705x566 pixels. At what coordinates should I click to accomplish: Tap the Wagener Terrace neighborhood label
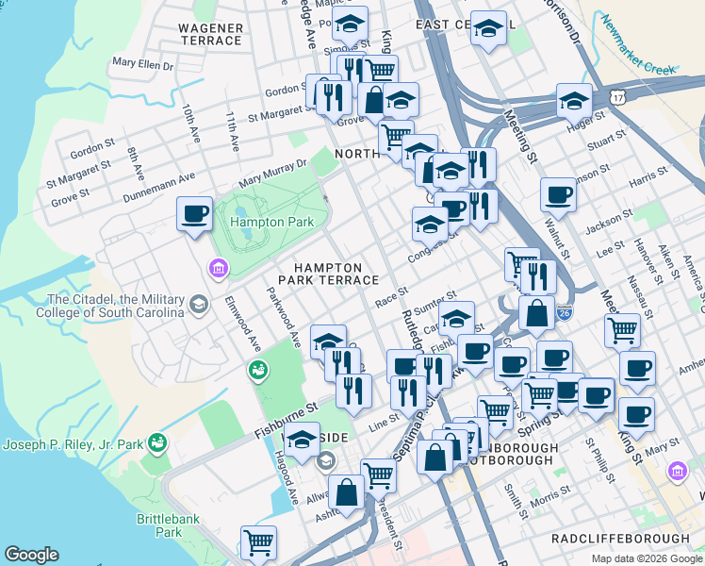209,35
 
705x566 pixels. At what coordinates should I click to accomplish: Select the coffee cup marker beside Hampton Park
194,214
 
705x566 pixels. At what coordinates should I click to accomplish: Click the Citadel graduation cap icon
199,304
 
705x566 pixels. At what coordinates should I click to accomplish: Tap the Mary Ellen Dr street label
143,64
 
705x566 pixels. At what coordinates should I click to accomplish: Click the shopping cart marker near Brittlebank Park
258,542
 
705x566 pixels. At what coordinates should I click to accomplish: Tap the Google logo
31,555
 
